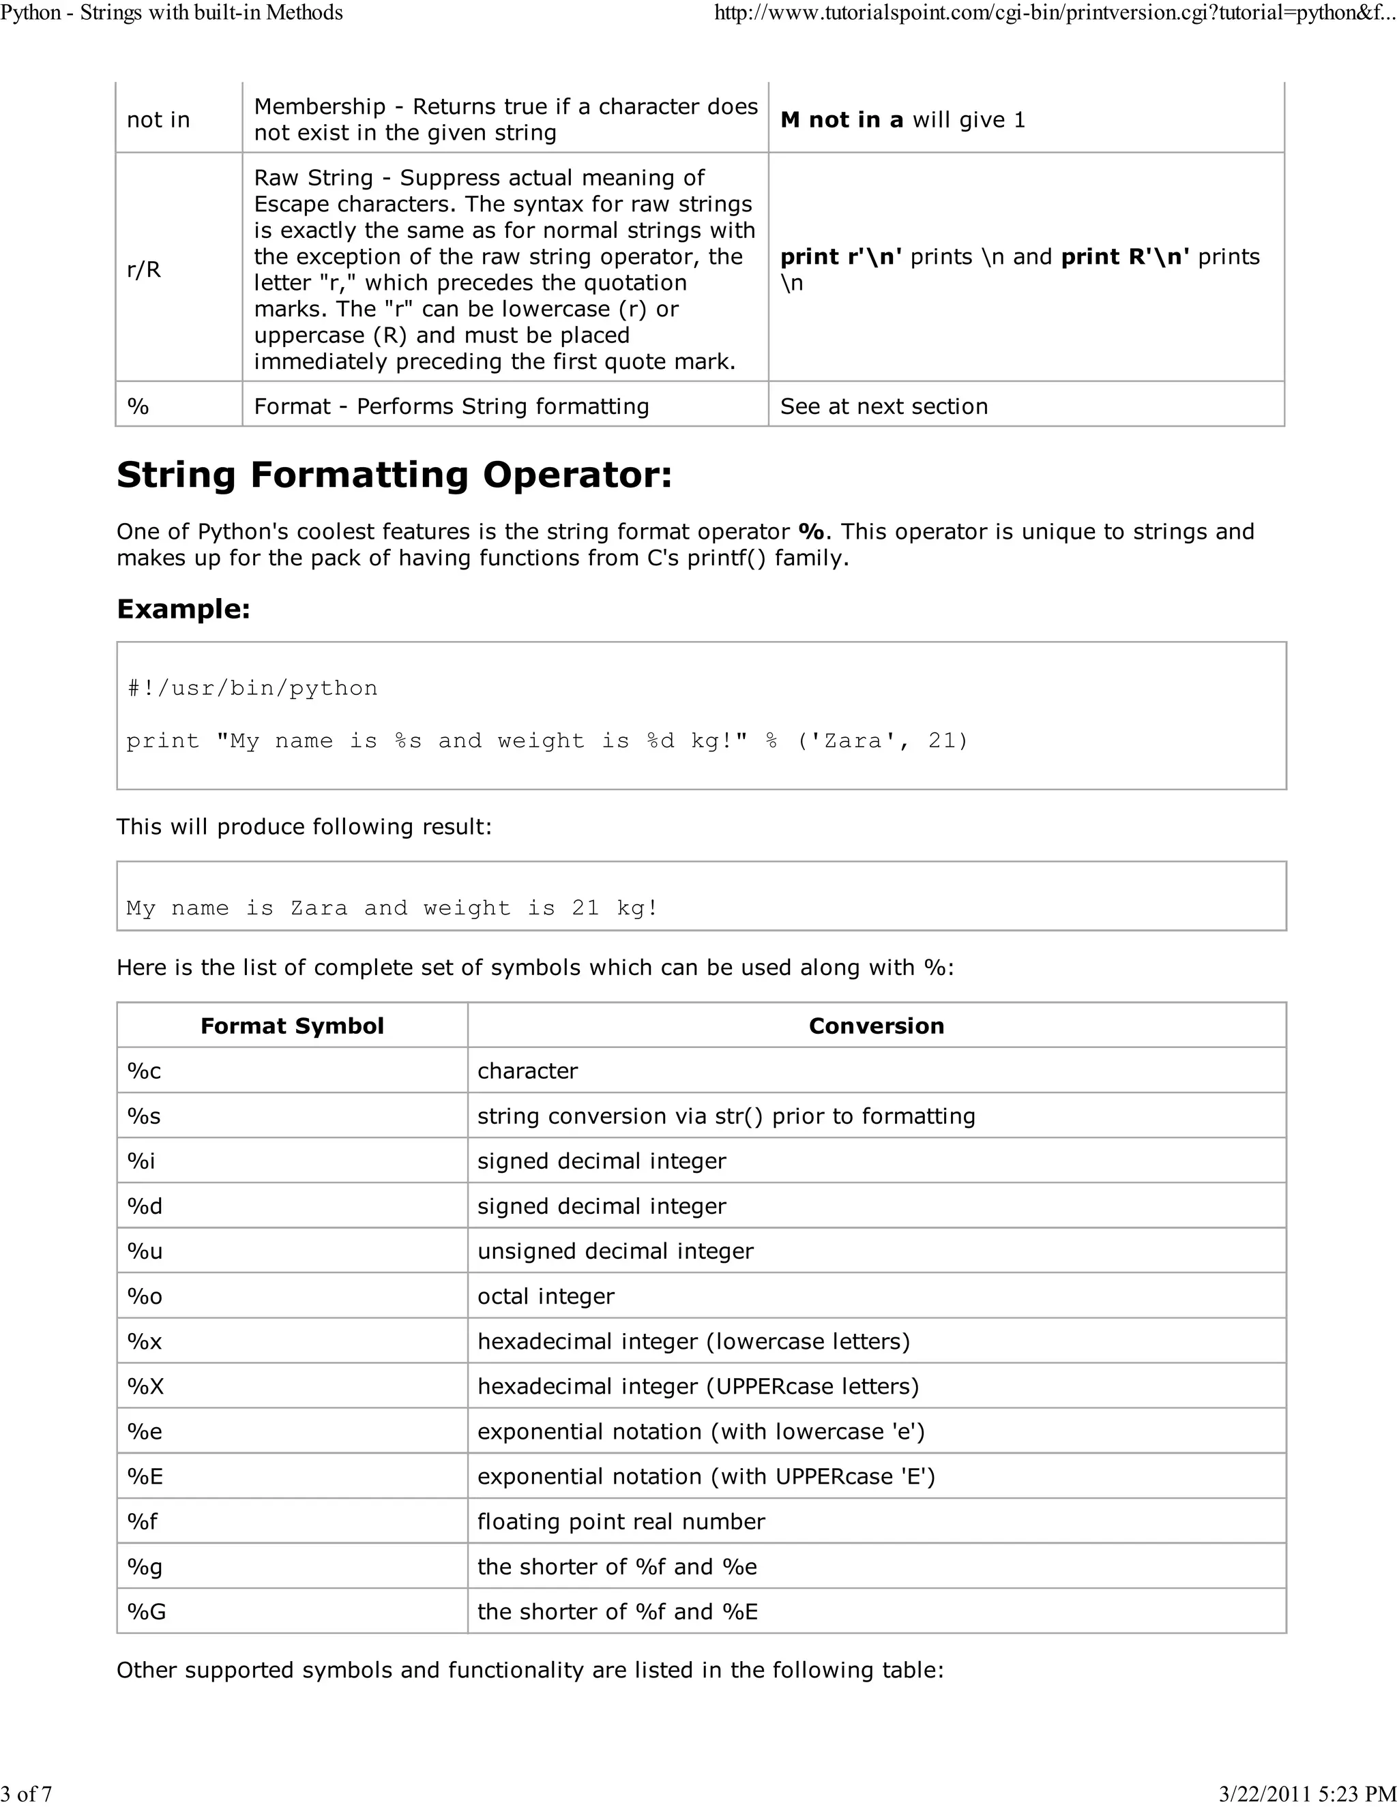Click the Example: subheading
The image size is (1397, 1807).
tap(183, 609)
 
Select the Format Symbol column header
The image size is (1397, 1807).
tap(291, 1026)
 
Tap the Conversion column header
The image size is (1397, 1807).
tap(876, 1026)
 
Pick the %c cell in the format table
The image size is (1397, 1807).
tap(144, 1071)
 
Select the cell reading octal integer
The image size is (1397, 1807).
tap(546, 1296)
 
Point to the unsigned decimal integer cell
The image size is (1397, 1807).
tap(615, 1251)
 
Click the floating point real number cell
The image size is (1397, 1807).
tap(621, 1521)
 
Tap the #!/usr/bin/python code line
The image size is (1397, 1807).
tap(252, 689)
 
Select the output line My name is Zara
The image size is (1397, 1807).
tap(392, 908)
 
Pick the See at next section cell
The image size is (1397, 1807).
tap(883, 406)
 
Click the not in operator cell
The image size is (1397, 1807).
tap(158, 120)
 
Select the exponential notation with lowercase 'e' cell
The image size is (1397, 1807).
tap(700, 1431)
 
